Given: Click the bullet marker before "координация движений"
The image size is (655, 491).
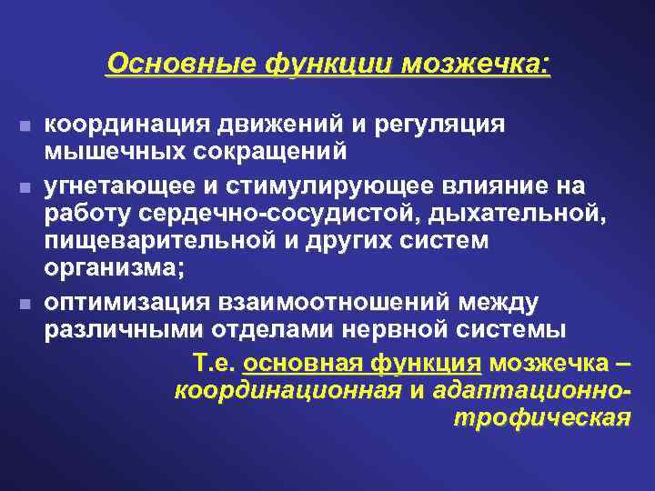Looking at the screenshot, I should pos(24,124).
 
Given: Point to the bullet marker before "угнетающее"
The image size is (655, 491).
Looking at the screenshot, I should pos(24,187).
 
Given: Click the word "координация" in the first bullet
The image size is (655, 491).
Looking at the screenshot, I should pos(122,123).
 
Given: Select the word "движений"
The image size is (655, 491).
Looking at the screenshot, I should pos(259,123).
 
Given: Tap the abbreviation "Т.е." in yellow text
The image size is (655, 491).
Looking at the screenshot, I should pos(216,364).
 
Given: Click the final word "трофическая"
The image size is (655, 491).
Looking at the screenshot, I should pos(540,417).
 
